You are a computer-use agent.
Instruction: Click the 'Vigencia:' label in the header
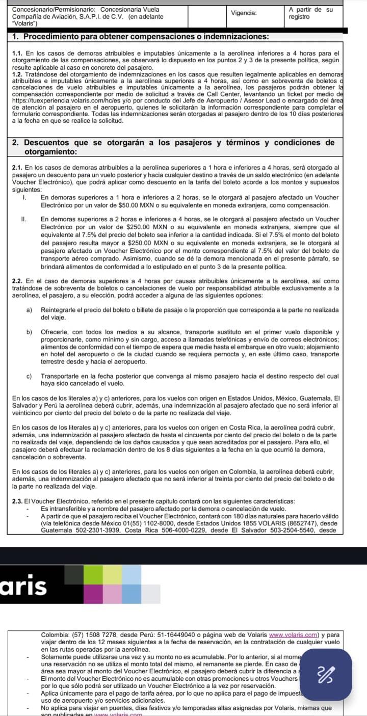[x=244, y=13]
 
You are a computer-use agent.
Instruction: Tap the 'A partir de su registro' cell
[x=310, y=13]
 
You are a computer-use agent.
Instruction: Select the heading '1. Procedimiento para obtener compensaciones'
[x=140, y=37]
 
